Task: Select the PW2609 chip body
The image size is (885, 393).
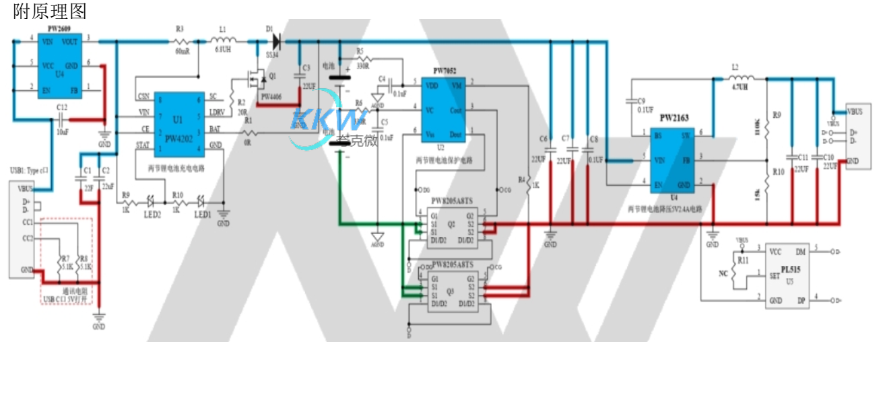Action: pyautogui.click(x=59, y=65)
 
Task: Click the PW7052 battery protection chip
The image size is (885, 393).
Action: pyautogui.click(x=442, y=110)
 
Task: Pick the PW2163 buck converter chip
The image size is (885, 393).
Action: pyautogui.click(x=674, y=159)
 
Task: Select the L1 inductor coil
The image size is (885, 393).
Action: pyautogui.click(x=222, y=42)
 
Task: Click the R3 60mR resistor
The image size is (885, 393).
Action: pyautogui.click(x=181, y=42)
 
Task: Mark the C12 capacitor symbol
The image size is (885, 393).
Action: pyautogui.click(x=62, y=120)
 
